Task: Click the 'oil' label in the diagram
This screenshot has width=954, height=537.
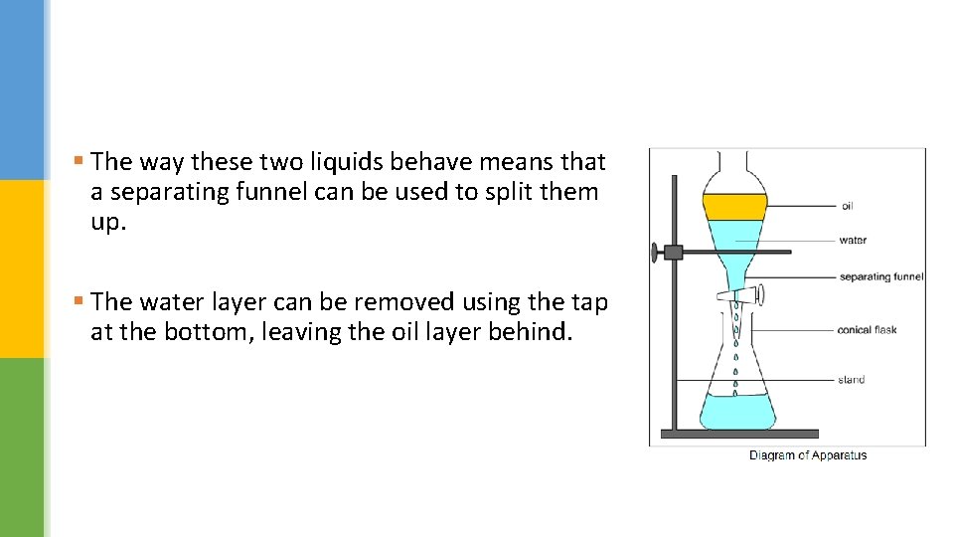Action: pos(847,207)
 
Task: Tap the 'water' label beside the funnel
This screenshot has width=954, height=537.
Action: pos(853,240)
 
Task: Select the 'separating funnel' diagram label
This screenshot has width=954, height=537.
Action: pos(880,276)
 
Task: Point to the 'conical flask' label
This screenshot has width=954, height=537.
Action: pos(867,329)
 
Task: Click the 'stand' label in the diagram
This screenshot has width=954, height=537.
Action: pos(851,379)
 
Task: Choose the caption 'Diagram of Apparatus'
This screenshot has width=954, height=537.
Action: pos(808,455)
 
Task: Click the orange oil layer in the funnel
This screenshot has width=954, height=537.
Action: pos(734,207)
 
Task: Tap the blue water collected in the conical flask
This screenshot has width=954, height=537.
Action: pos(736,409)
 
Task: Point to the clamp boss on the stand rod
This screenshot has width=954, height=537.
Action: pos(672,252)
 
